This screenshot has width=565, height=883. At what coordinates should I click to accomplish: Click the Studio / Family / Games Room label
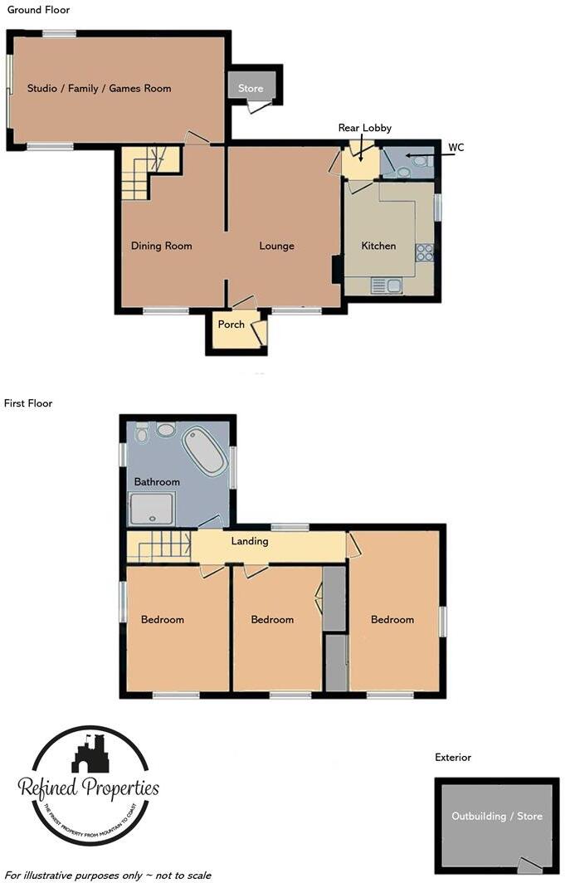click(99, 88)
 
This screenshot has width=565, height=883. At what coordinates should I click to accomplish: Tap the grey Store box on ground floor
click(250, 88)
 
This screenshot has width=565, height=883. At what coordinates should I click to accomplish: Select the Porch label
click(231, 324)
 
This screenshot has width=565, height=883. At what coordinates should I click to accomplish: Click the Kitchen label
click(377, 246)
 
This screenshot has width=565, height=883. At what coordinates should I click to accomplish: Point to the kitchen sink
click(387, 286)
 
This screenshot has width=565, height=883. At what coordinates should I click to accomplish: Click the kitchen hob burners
click(425, 252)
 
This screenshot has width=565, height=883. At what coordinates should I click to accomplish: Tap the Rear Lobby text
click(364, 128)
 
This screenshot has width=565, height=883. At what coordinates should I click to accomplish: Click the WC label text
click(455, 148)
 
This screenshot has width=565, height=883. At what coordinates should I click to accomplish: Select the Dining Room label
click(161, 246)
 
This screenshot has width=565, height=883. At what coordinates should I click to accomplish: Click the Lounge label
click(276, 246)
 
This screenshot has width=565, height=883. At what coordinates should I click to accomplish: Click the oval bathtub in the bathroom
click(202, 451)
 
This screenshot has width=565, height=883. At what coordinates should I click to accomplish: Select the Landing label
click(250, 541)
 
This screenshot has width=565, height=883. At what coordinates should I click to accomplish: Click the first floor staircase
click(159, 547)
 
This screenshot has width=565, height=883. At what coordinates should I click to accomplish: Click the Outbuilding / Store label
click(496, 816)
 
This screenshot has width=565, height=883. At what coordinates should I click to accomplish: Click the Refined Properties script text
click(88, 788)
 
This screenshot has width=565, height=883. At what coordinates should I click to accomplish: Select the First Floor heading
click(27, 403)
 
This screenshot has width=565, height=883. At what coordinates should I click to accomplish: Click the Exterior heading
click(452, 757)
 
